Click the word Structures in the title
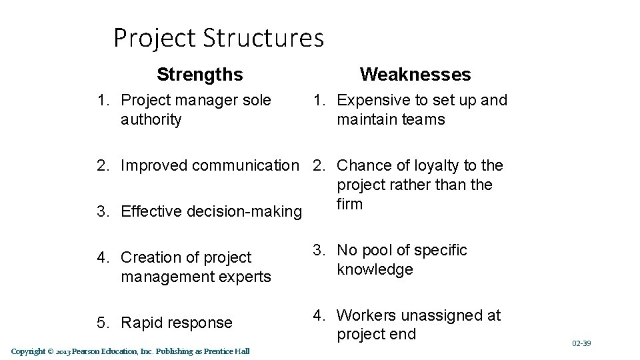[264, 38]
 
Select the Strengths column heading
[200, 74]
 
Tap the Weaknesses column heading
[415, 74]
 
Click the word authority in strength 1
[151, 120]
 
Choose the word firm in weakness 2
[350, 204]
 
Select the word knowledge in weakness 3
[375, 269]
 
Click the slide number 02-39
[581, 343]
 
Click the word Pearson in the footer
[86, 351]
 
